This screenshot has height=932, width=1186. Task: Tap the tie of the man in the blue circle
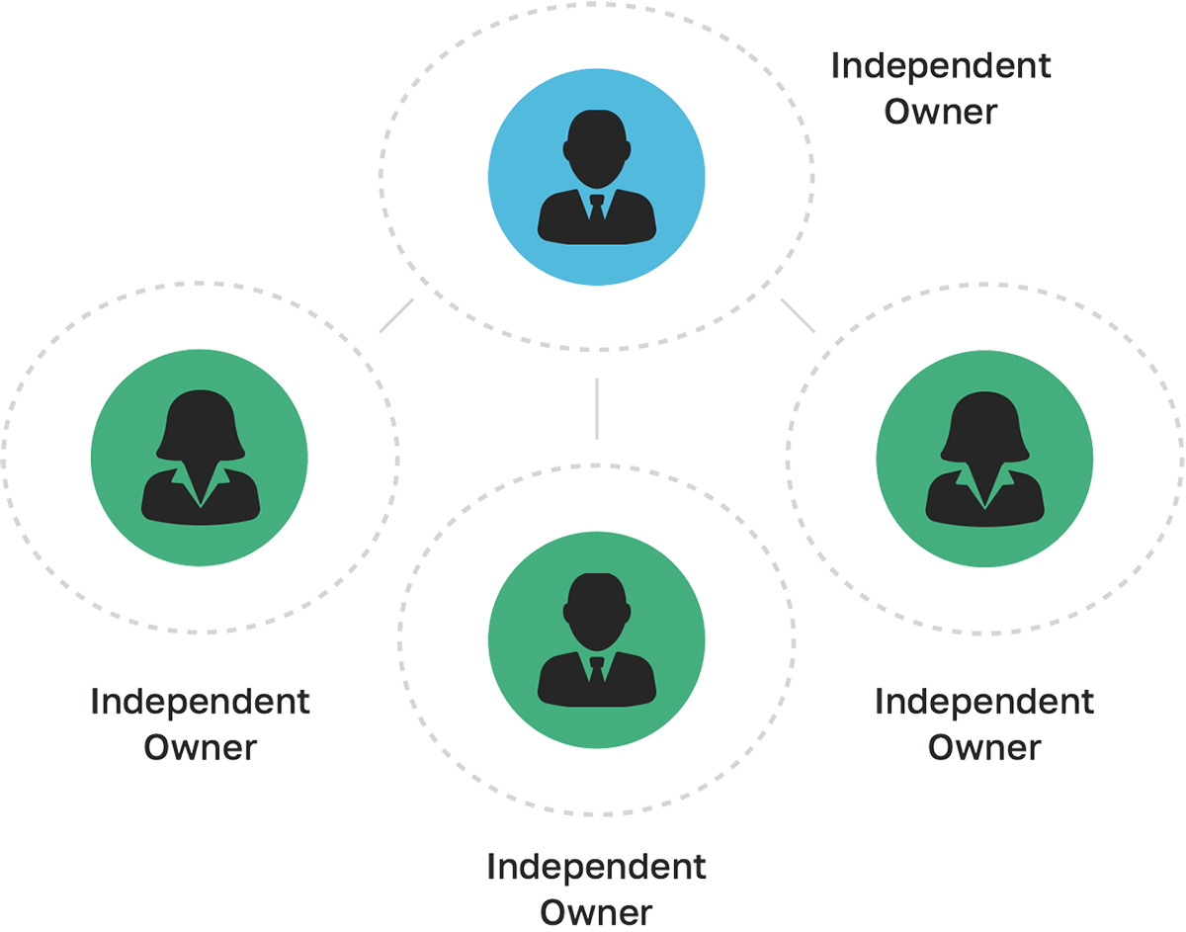(x=596, y=209)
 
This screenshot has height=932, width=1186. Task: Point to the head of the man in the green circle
(x=596, y=609)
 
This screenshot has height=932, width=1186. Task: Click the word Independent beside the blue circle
(x=941, y=67)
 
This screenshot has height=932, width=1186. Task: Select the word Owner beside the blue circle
(x=941, y=112)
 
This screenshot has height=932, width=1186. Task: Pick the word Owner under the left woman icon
(x=201, y=747)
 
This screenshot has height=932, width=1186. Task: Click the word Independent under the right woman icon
(x=984, y=703)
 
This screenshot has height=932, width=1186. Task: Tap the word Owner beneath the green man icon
(x=597, y=912)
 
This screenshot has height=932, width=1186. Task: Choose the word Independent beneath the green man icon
(x=597, y=868)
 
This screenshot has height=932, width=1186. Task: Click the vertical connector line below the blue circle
(x=597, y=407)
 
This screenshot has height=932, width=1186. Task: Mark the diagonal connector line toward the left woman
(x=395, y=315)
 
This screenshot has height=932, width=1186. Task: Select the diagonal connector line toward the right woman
(x=798, y=315)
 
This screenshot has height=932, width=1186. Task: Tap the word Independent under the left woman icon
(x=201, y=703)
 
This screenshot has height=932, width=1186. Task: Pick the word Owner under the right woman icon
(x=984, y=747)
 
